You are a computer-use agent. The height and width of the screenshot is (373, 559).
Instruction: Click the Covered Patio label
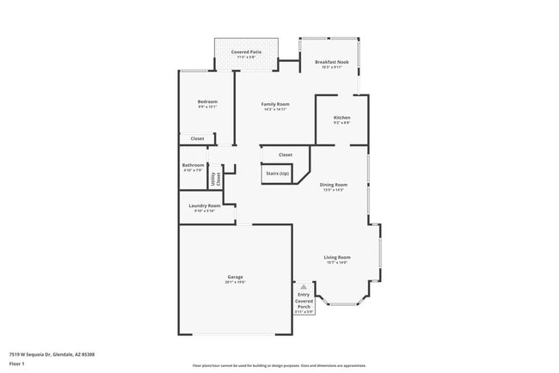(x=246, y=52)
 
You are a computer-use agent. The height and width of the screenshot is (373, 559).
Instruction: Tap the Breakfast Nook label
(x=332, y=62)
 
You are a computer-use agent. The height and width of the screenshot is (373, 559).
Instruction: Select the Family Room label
(x=275, y=104)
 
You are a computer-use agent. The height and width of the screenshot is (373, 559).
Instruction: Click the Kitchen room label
(x=341, y=117)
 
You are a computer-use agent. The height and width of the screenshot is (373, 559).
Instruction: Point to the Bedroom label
(x=207, y=101)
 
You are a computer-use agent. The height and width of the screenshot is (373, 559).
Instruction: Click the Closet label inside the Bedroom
(x=197, y=138)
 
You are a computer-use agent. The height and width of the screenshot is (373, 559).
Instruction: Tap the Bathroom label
(x=193, y=165)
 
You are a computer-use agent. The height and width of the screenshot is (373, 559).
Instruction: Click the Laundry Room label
(x=205, y=205)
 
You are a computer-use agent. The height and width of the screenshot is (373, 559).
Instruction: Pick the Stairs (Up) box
(x=276, y=174)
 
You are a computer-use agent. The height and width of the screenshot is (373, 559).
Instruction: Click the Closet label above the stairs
(x=286, y=155)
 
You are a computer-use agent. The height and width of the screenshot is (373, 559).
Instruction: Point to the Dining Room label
(x=333, y=185)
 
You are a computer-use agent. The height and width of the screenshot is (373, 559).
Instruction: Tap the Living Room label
(x=336, y=258)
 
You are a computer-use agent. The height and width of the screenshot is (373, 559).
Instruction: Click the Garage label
(x=235, y=277)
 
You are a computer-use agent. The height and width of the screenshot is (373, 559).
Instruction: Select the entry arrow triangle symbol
(x=303, y=287)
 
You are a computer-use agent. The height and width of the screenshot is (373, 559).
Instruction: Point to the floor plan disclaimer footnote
(x=279, y=366)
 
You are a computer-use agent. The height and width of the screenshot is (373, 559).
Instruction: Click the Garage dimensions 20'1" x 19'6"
(x=235, y=282)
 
